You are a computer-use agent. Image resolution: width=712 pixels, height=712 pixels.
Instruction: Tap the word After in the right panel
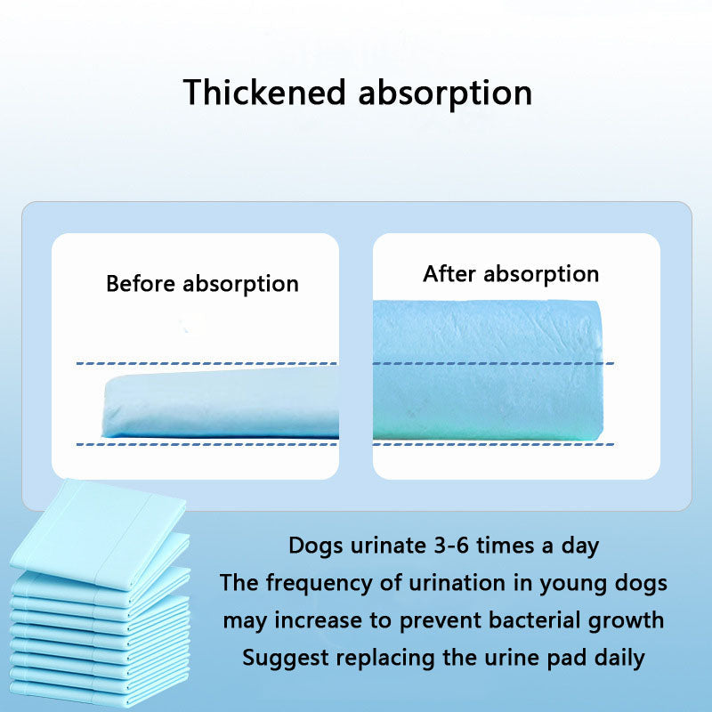click(452, 273)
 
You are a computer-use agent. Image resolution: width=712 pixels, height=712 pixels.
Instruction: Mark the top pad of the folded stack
click(98, 525)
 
